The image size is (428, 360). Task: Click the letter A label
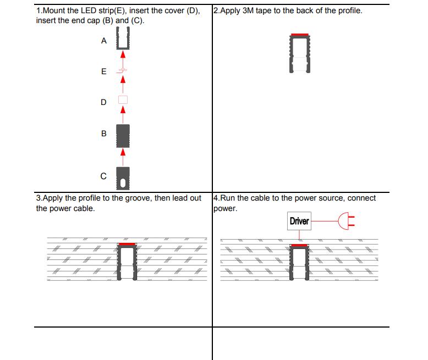[x=104, y=41]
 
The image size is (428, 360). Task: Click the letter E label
[x=104, y=71]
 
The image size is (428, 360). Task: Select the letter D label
[x=103, y=102]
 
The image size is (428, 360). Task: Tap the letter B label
[x=104, y=134]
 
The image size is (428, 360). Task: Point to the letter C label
[x=103, y=176]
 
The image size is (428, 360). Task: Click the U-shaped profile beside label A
[x=117, y=38]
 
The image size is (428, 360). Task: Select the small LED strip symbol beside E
[x=122, y=71]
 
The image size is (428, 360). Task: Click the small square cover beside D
[x=123, y=100]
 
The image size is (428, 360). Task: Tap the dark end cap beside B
[x=123, y=136]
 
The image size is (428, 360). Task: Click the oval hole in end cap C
[x=123, y=183]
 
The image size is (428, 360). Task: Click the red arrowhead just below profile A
[x=123, y=54]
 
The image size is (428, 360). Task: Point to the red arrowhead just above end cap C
[x=123, y=152]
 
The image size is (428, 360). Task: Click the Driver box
[x=299, y=221]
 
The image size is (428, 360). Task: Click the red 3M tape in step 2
[x=300, y=35]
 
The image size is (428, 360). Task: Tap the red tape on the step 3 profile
[x=127, y=244]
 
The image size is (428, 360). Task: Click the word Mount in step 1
[x=54, y=10]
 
